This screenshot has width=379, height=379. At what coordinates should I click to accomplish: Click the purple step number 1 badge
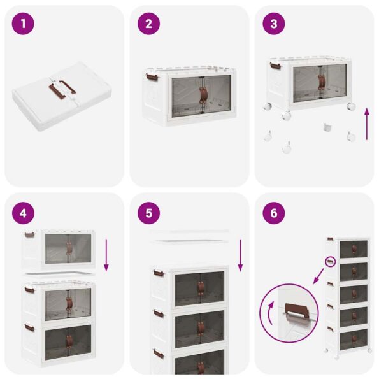(x=23, y=24)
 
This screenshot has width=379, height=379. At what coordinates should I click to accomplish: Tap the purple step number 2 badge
(x=148, y=24)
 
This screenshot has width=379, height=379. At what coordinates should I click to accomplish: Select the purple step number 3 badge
(x=274, y=24)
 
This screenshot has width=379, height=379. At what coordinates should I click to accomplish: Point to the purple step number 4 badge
(x=23, y=212)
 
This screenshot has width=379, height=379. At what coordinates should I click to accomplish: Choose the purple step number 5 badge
(x=148, y=212)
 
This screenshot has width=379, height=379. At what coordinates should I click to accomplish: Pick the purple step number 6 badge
(x=274, y=212)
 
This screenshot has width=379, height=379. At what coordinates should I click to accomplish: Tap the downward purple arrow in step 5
(x=240, y=255)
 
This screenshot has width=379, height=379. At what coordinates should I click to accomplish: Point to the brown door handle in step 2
(x=203, y=94)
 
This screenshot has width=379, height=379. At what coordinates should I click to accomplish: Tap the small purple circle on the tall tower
(x=331, y=262)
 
